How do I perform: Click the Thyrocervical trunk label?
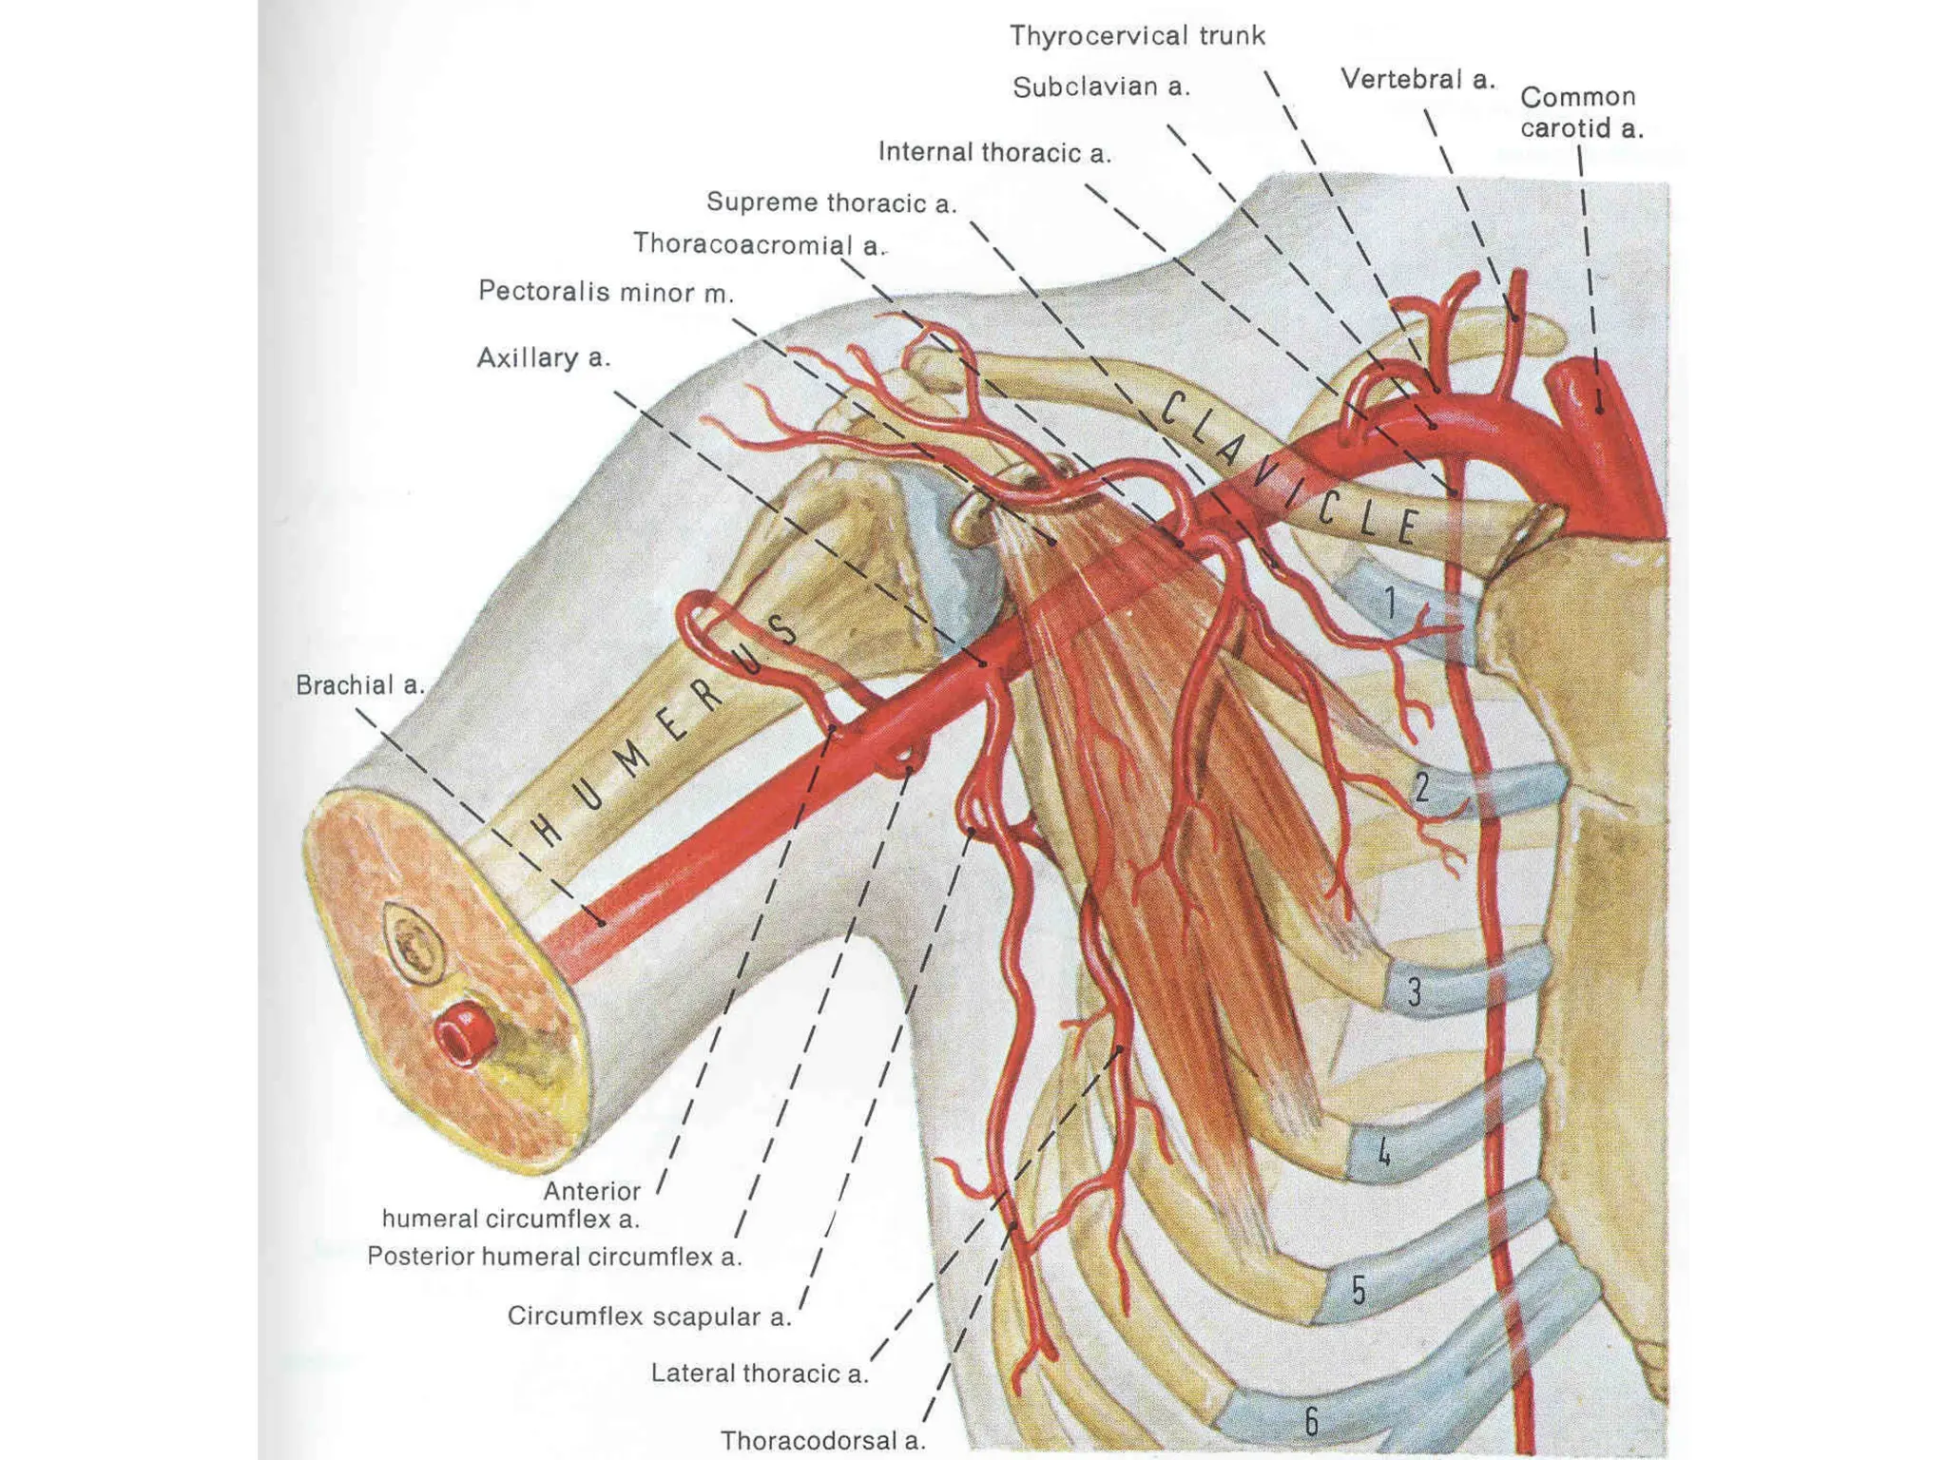click(x=1136, y=36)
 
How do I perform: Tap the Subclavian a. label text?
click(x=1100, y=87)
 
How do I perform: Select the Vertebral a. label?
click(x=1417, y=80)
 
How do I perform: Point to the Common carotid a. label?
click(x=1580, y=112)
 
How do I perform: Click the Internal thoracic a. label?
click(x=993, y=152)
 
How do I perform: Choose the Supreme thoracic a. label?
click(x=830, y=202)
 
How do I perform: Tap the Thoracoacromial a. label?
click(x=758, y=244)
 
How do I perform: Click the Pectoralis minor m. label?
click(x=606, y=292)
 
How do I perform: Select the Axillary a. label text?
click(x=543, y=358)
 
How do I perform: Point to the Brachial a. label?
click(x=359, y=685)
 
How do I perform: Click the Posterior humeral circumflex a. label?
click(x=553, y=1257)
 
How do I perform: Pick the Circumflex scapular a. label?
click(x=648, y=1316)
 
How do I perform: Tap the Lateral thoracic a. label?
click(x=759, y=1374)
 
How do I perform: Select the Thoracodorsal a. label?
click(x=821, y=1441)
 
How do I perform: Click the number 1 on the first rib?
click(x=1390, y=603)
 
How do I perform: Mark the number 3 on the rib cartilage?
click(x=1414, y=992)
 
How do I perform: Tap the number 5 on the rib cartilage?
click(x=1359, y=1290)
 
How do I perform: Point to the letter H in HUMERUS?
click(x=549, y=831)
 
